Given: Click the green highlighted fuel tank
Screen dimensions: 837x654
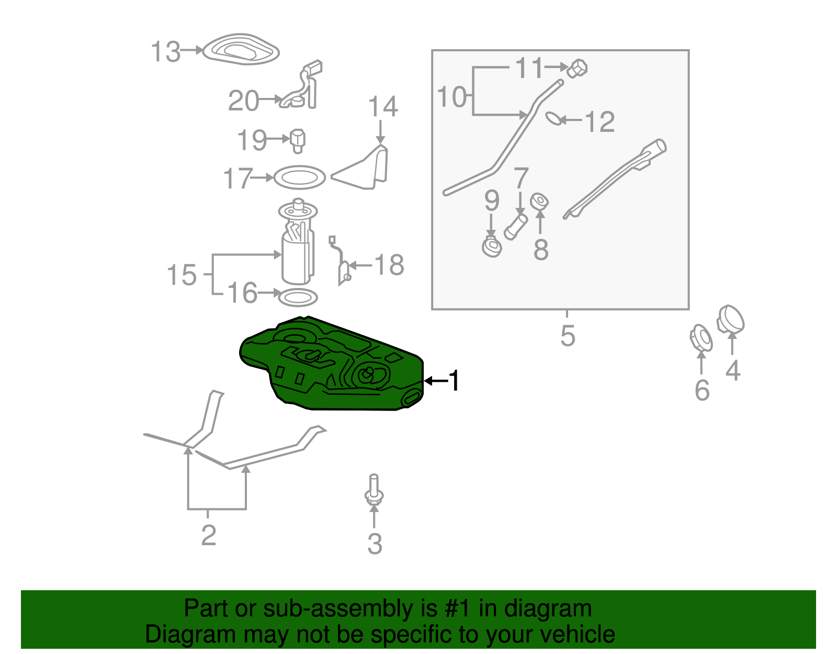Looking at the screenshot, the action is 331,364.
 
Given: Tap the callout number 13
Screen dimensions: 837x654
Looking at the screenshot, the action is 166,52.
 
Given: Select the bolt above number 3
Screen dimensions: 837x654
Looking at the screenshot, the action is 374,490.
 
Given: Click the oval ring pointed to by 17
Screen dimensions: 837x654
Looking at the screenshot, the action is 299,178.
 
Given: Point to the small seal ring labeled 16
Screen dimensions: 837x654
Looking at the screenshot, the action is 298,297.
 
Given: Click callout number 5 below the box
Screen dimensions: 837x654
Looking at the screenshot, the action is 568,336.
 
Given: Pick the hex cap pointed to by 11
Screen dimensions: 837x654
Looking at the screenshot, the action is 577,68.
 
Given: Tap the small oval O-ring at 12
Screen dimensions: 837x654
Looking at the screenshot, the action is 555,118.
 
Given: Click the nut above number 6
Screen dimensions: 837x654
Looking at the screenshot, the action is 701,338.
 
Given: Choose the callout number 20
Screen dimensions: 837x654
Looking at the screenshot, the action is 243,101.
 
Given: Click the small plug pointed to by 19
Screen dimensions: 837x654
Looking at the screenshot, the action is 298,141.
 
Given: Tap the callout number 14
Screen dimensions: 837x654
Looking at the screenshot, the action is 383,106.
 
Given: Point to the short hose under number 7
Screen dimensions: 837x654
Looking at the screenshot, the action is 516,227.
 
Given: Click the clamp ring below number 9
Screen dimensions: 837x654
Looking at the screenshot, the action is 492,247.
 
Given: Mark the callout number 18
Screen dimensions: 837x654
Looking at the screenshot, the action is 389,265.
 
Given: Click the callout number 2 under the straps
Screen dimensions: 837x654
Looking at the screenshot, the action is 208,535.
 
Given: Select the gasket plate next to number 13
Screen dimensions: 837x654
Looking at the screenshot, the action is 241,49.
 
